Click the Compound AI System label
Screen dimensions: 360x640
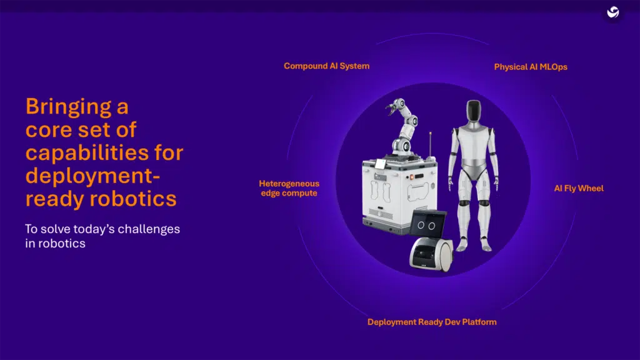(x=326, y=66)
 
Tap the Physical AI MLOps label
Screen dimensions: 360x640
(x=531, y=66)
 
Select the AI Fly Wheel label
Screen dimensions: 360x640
(x=579, y=188)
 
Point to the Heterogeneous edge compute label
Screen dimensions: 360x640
(x=289, y=188)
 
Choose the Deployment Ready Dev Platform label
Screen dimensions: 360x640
(x=432, y=322)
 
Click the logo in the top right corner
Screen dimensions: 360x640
(x=613, y=12)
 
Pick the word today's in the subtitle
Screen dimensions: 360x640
(x=96, y=229)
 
